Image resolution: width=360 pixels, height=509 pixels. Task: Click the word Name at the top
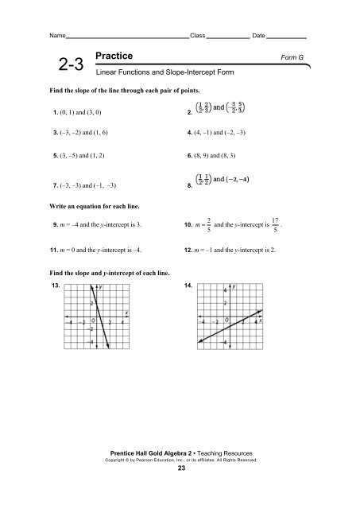57,37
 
